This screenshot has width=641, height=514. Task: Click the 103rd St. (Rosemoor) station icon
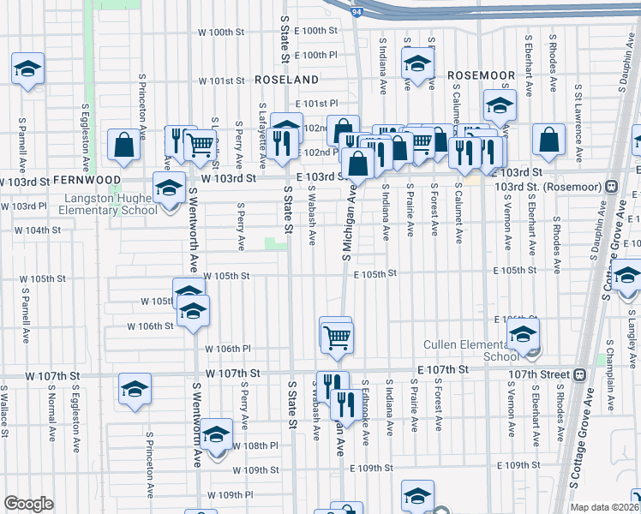(x=612, y=187)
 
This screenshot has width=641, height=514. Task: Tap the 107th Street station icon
(x=580, y=374)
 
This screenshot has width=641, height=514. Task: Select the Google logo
(x=28, y=504)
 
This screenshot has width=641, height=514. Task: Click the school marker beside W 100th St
(x=27, y=69)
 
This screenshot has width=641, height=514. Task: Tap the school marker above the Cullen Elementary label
(x=523, y=336)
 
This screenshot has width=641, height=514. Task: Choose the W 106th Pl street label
(x=228, y=349)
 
